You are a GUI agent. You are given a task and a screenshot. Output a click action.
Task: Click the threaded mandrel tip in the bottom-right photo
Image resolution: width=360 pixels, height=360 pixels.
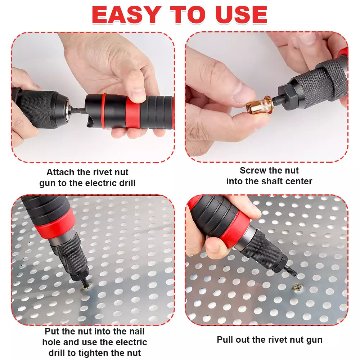[x=291, y=270]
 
